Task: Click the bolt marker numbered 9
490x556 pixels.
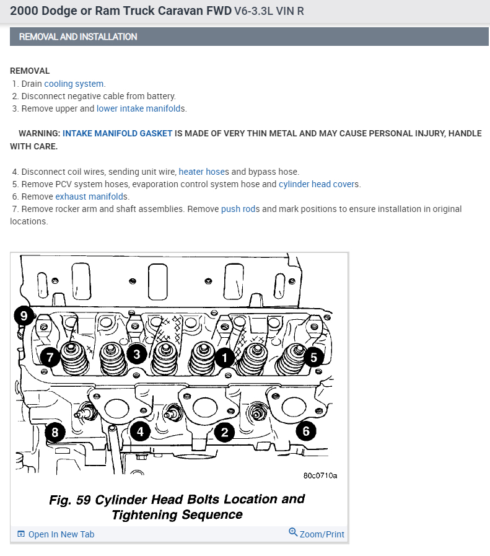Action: tap(24, 316)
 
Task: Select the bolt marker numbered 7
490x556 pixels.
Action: tap(50, 356)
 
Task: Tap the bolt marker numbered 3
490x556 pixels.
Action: tap(136, 354)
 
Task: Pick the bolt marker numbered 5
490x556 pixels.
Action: tap(313, 356)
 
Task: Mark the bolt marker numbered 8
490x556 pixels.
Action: tap(55, 432)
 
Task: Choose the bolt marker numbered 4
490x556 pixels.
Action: tap(141, 431)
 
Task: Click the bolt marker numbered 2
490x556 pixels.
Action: tap(224, 432)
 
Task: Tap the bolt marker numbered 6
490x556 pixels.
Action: tap(305, 430)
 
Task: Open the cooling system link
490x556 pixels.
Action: tap(74, 84)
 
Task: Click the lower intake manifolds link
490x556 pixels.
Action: tap(140, 108)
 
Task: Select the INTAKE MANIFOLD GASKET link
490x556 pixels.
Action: tap(117, 133)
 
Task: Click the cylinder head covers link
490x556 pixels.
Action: tap(318, 184)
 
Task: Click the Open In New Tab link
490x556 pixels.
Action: tap(61, 534)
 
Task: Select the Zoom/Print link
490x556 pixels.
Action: tap(321, 534)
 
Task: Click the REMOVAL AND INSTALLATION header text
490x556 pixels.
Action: tap(78, 37)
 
